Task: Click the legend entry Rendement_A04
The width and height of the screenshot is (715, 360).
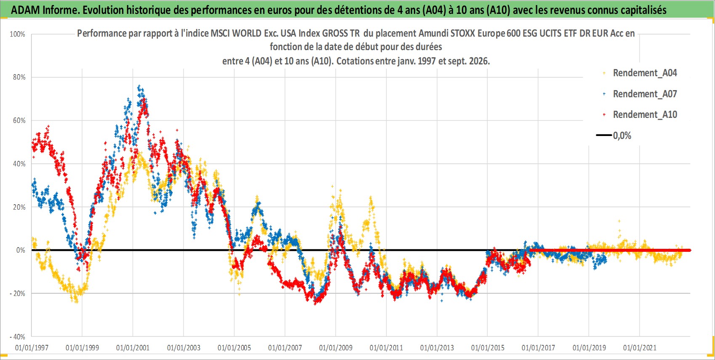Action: click(x=645, y=73)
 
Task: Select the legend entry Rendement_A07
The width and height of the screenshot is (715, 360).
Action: click(x=645, y=94)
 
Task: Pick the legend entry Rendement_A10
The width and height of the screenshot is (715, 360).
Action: click(x=645, y=115)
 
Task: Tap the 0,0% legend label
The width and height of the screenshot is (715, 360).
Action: click(x=622, y=136)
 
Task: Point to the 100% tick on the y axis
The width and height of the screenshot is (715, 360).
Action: click(x=17, y=34)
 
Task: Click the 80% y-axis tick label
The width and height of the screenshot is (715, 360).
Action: click(x=19, y=77)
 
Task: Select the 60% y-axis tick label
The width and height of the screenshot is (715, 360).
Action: click(x=19, y=121)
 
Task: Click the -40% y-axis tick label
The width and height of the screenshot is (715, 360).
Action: click(x=17, y=337)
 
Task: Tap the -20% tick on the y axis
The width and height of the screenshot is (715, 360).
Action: click(x=17, y=293)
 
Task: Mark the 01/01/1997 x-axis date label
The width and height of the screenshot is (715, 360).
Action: click(x=32, y=347)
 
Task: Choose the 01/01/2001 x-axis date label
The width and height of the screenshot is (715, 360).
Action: click(x=133, y=347)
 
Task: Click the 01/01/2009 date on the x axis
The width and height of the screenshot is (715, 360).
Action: click(x=336, y=347)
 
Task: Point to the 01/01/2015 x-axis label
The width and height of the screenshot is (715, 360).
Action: click(x=488, y=347)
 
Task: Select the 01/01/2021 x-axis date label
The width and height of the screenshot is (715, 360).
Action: click(x=640, y=347)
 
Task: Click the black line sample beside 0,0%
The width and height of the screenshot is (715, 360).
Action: click(x=603, y=135)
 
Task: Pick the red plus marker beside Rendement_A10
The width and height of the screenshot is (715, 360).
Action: click(x=604, y=115)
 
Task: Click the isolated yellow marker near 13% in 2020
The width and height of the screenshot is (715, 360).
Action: click(x=619, y=221)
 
